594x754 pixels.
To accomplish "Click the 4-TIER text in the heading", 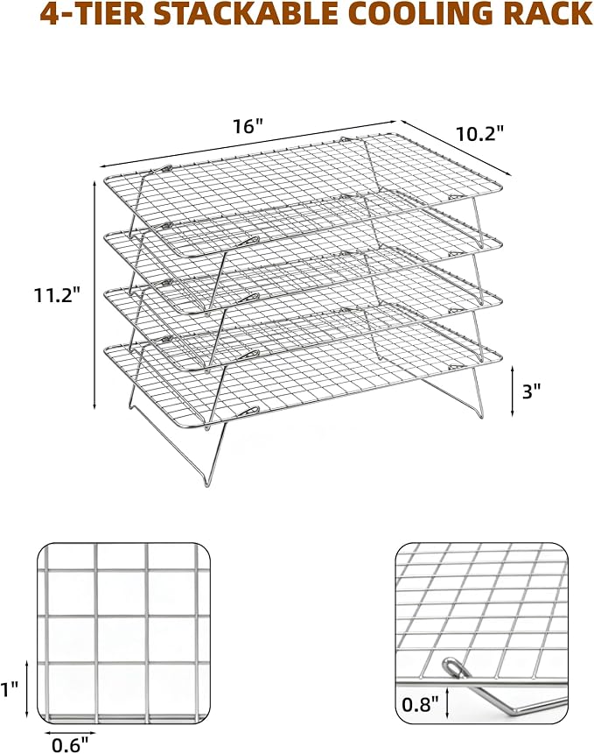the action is point(92,14).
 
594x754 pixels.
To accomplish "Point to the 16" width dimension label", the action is point(248,126).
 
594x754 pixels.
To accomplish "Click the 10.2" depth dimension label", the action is point(480,134).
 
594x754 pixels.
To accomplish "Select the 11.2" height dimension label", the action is point(57,295).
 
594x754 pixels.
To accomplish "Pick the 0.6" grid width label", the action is point(71,745).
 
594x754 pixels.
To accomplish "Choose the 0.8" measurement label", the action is point(420,705).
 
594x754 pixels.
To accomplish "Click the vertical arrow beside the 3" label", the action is point(513,391).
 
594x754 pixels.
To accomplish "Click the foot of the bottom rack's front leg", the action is point(206,483).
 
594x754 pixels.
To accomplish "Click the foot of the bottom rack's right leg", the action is point(482,415).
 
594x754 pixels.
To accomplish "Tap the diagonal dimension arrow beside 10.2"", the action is point(455,146).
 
